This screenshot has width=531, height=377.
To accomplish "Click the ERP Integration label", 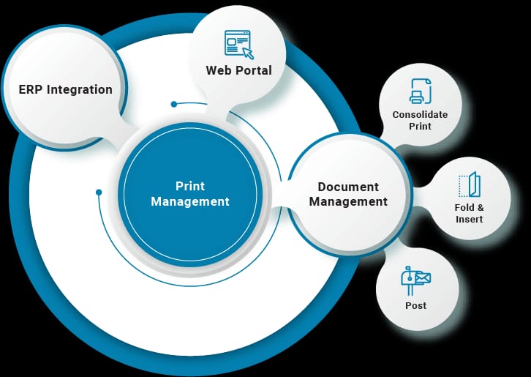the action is pos(65,90).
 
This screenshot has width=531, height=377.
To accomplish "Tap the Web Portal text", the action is pos(238,70).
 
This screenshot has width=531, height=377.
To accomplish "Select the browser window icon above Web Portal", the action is pos(237,42).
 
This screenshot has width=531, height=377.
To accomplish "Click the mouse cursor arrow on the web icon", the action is pos(248,53).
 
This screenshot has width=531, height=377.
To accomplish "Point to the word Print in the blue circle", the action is pos(190,186).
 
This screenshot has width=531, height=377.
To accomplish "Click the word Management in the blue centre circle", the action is pos(190,202).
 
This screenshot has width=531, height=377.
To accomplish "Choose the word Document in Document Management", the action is pos(348,187).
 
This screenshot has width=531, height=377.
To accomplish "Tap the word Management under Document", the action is pos(348,202).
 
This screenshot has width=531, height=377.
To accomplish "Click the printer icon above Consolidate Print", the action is pos(421,91).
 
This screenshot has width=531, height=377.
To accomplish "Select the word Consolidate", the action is pos(420,115).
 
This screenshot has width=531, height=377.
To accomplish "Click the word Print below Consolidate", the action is pos(420,126).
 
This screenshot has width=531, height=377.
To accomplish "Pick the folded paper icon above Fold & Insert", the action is pos(470,184).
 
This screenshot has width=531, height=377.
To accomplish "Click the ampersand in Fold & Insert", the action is pos(480,207).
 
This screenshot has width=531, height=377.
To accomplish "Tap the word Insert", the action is pos(469,220).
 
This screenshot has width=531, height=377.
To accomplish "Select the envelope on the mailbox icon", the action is pos(423,278).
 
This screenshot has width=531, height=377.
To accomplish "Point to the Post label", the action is pos(416,305).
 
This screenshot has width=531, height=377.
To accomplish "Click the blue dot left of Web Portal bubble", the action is pos(174,104).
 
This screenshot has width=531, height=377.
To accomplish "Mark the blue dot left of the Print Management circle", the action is pos(99,193).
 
